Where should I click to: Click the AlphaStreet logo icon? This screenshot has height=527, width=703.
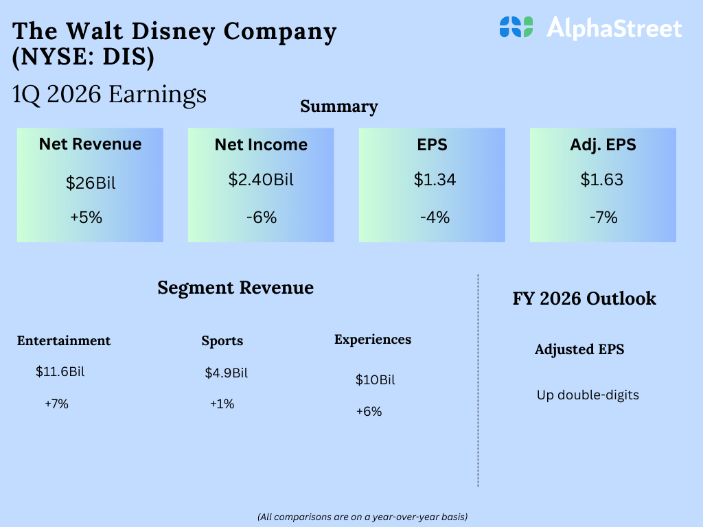(x=516, y=27)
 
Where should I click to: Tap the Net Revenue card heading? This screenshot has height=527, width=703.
(x=90, y=144)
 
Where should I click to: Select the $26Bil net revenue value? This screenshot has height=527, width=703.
(x=90, y=183)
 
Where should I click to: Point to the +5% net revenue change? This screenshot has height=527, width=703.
(x=86, y=218)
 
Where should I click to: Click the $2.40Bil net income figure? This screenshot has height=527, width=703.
(x=261, y=180)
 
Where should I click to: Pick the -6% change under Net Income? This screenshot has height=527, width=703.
(x=261, y=218)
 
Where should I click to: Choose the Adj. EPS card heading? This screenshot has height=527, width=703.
(x=603, y=145)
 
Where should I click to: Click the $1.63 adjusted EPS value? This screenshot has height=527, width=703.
(x=602, y=180)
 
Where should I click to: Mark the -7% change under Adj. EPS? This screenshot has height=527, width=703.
(x=603, y=218)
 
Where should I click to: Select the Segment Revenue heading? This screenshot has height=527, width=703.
(x=235, y=288)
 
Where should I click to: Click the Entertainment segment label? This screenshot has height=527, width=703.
(x=64, y=341)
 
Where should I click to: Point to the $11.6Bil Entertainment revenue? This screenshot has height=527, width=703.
(x=60, y=373)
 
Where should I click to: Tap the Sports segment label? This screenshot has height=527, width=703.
(x=222, y=341)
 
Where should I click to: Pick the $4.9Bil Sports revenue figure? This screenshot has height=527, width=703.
(x=227, y=373)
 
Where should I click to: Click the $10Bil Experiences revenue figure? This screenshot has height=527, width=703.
(x=376, y=380)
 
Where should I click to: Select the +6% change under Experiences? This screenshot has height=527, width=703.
(x=369, y=412)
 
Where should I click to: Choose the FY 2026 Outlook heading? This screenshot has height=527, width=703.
(x=584, y=298)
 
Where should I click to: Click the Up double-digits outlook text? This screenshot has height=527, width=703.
(x=588, y=395)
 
